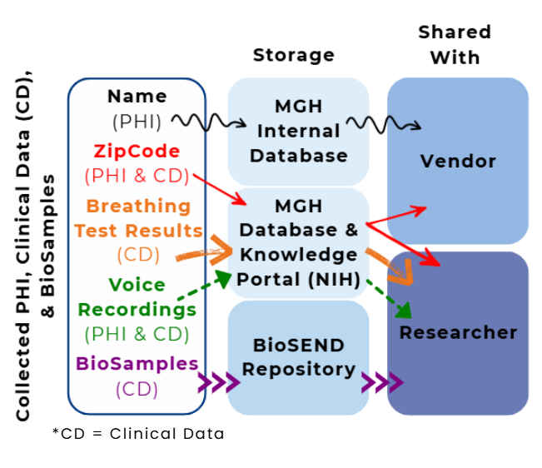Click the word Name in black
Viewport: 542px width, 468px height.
(x=137, y=97)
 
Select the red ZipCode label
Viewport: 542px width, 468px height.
(x=137, y=152)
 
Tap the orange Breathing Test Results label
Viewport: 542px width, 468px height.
(x=138, y=218)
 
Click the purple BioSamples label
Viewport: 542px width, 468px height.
(x=137, y=364)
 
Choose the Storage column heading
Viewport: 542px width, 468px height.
(x=294, y=56)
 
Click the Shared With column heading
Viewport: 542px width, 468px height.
(x=455, y=45)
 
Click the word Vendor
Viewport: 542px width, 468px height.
(x=458, y=161)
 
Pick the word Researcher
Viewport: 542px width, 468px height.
(x=458, y=333)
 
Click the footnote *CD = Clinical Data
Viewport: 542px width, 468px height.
(x=138, y=434)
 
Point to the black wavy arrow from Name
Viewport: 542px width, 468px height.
(x=209, y=124)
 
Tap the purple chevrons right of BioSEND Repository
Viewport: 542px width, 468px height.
(x=382, y=384)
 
